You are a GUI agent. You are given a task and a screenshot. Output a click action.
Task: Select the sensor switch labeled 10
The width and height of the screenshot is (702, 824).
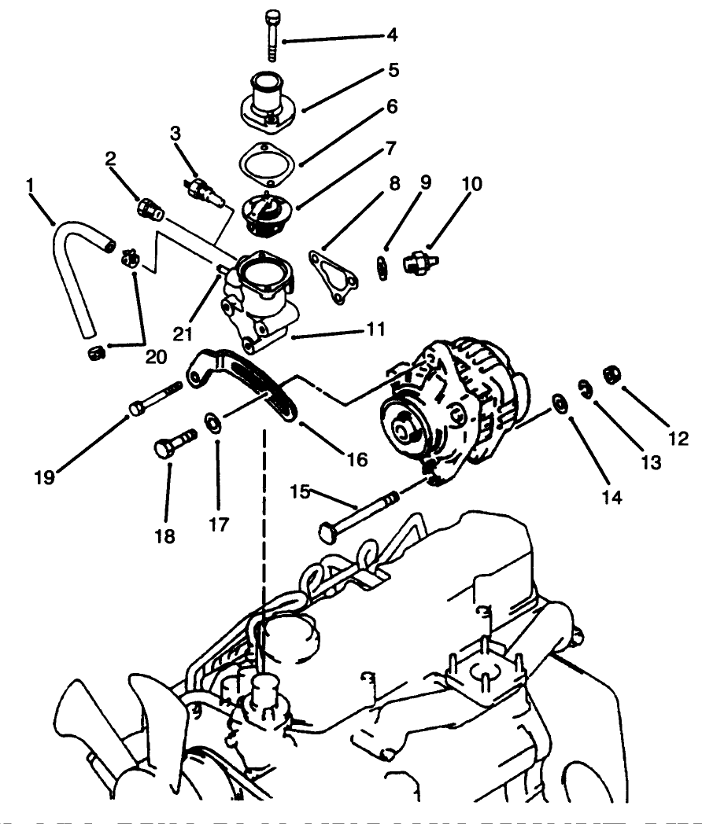(x=418, y=263)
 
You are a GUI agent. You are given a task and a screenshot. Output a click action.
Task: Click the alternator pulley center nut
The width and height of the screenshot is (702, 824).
(x=402, y=429)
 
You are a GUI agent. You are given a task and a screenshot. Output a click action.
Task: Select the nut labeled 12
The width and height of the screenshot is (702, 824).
(x=611, y=373)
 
